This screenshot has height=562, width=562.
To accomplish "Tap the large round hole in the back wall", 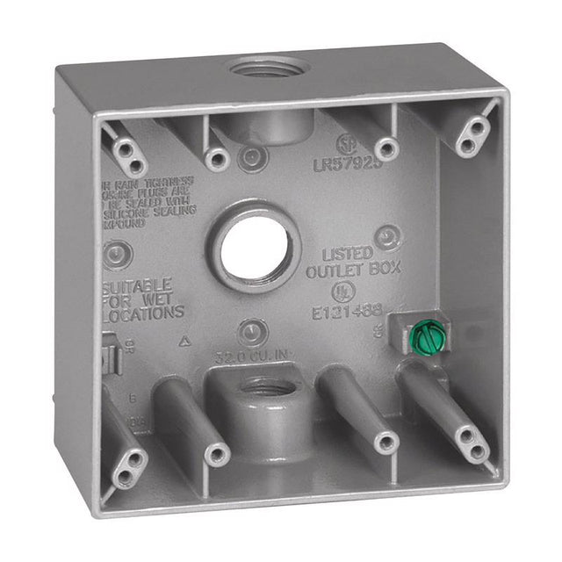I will click(254, 249).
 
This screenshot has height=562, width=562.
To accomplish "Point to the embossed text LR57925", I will click(348, 163).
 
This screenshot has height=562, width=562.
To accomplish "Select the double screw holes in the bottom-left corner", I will click(128, 467).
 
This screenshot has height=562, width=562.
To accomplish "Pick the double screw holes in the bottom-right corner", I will click(472, 443).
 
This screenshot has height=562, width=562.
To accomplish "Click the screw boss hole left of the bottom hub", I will click(216, 454).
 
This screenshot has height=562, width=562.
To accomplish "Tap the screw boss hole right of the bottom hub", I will click(385, 443).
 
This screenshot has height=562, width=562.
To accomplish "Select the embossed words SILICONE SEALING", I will click(148, 211).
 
